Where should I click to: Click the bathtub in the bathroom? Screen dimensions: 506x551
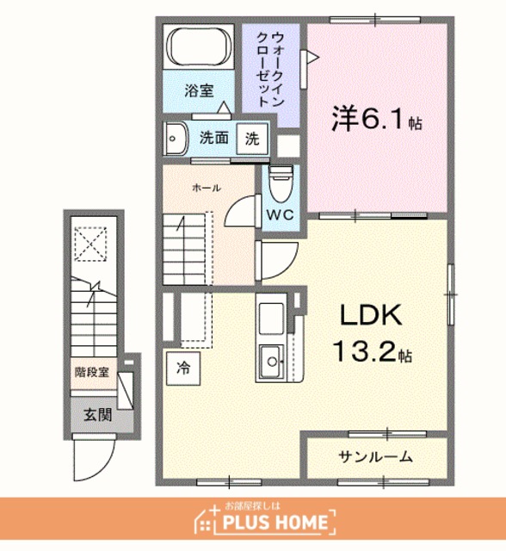click(199, 46)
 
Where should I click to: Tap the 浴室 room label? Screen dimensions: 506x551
click(199, 90)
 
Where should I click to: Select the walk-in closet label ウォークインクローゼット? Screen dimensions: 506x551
click(270, 69)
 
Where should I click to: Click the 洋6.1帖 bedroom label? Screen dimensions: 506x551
click(377, 119)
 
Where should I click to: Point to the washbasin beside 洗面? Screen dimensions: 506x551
click(176, 139)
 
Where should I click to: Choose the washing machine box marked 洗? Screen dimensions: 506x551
click(252, 139)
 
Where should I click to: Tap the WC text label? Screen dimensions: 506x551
click(280, 214)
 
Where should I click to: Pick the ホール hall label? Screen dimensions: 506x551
click(207, 188)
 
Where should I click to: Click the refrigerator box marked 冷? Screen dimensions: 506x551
click(183, 368)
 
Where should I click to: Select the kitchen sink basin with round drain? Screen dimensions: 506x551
click(271, 362)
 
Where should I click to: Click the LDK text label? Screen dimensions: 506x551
click(371, 315)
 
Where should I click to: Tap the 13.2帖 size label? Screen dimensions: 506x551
click(373, 352)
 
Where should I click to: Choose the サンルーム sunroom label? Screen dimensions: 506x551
click(375, 457)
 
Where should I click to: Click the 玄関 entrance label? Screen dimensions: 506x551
click(97, 415)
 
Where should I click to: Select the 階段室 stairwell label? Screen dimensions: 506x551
click(92, 373)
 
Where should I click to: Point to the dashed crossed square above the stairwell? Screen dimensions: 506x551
click(90, 245)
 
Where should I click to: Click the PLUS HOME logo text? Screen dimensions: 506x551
click(275, 522)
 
